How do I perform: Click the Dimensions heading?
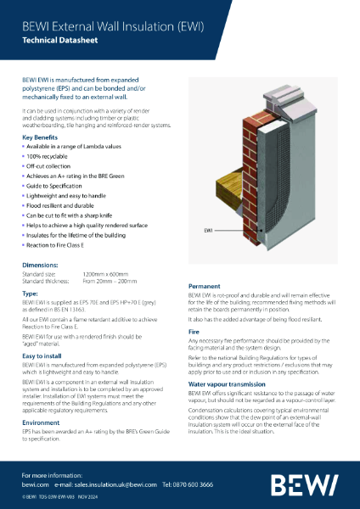tap(40, 266)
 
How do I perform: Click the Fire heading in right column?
tap(193, 330)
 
